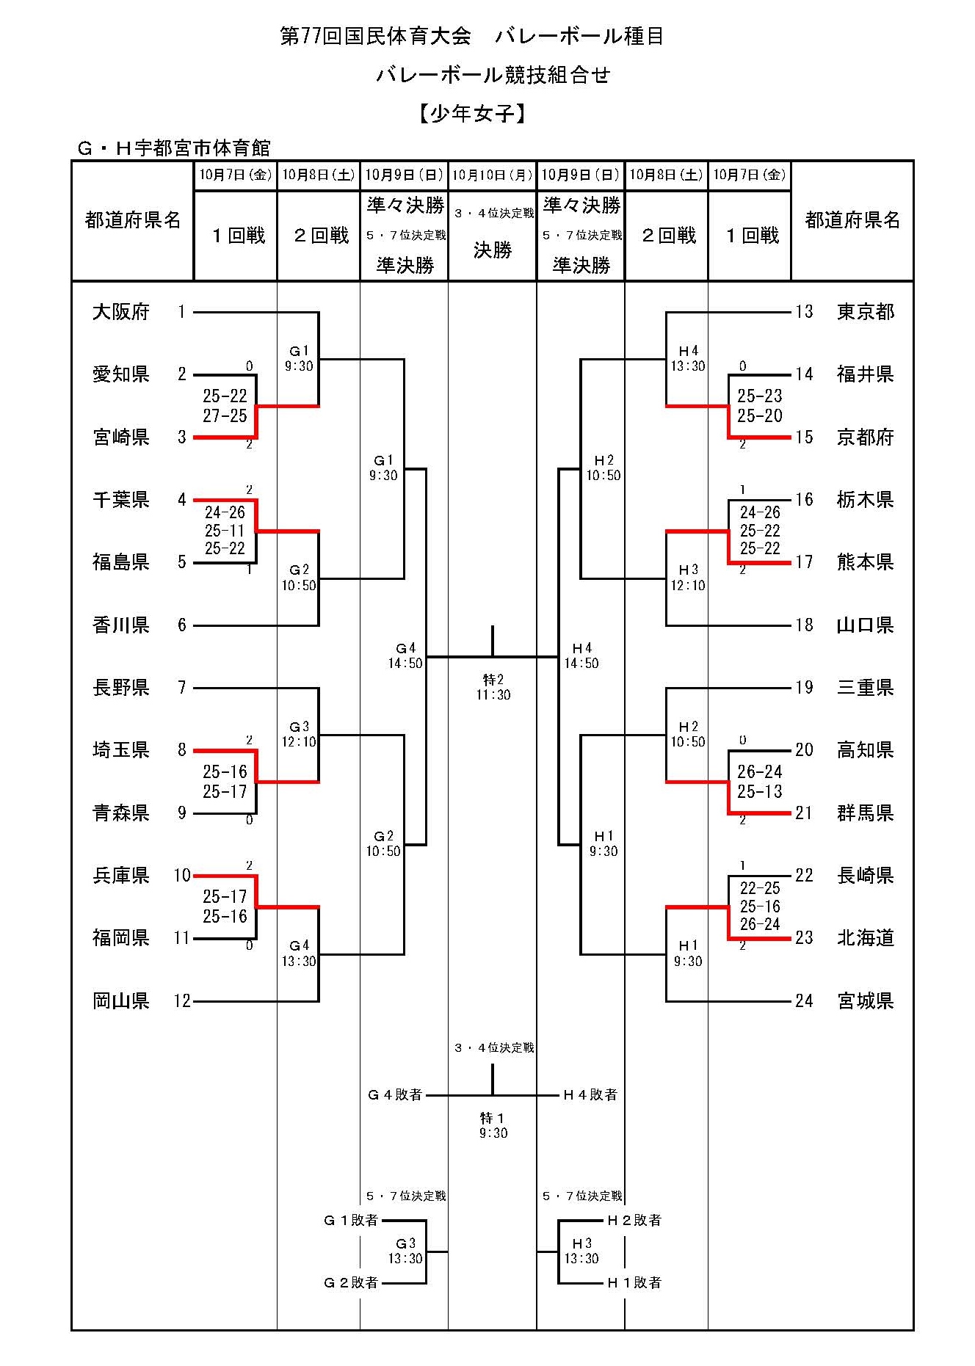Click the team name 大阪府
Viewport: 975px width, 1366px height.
[x=121, y=312]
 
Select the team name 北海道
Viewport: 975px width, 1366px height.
[x=866, y=938]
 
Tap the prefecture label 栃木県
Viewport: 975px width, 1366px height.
[x=866, y=500]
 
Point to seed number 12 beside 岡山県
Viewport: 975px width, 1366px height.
[x=181, y=1001]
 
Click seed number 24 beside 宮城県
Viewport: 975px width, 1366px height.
[x=804, y=1001]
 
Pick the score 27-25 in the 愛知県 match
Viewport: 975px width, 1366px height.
[x=225, y=416]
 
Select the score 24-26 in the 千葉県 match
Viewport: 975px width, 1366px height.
[x=225, y=512]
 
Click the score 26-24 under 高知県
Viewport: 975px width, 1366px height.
[x=760, y=771]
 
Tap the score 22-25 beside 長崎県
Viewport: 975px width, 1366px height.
[x=760, y=888]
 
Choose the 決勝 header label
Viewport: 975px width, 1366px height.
[x=493, y=250]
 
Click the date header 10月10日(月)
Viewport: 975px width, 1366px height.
[x=492, y=175]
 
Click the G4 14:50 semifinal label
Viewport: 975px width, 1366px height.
[x=405, y=655]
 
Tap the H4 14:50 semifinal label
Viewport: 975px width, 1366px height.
[x=581, y=655]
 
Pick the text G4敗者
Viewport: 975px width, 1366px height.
[x=395, y=1095]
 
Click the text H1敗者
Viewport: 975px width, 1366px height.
[x=634, y=1282]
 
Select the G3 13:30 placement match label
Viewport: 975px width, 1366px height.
[x=405, y=1251]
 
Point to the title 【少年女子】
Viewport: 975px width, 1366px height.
[x=474, y=114]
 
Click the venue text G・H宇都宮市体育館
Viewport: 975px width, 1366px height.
[x=174, y=148]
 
